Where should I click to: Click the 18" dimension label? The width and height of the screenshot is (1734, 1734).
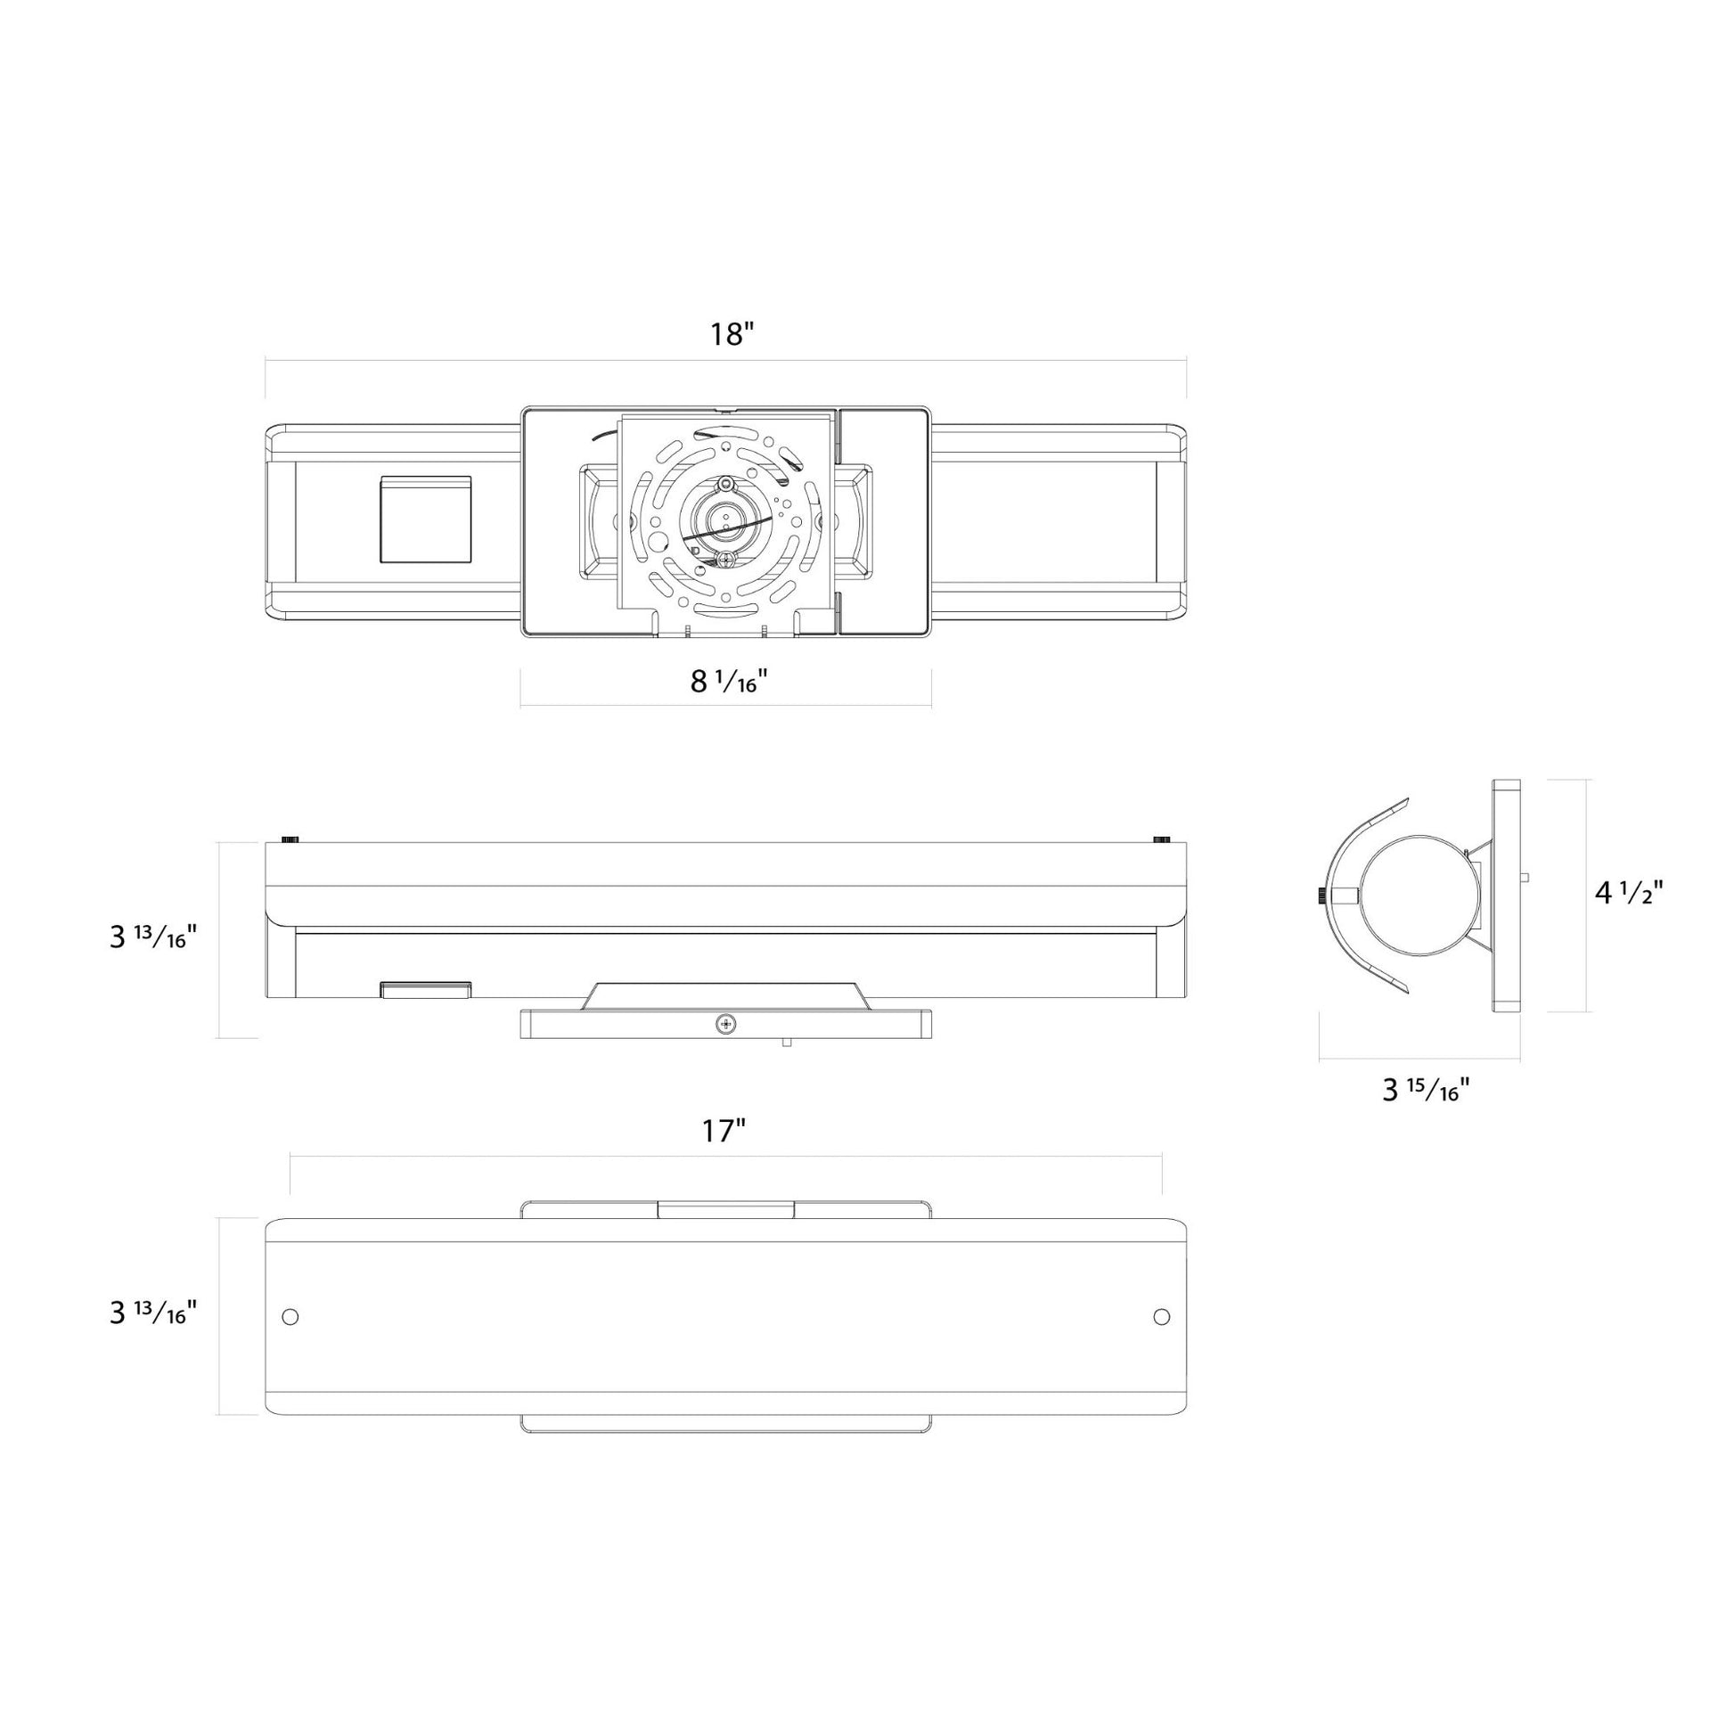pyautogui.click(x=732, y=334)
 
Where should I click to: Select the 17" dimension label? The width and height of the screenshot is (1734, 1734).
pyautogui.click(x=724, y=1131)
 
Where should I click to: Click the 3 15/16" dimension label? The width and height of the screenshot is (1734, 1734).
pyautogui.click(x=1426, y=1090)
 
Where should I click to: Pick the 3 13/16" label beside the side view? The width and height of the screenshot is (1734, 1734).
pyautogui.click(x=152, y=937)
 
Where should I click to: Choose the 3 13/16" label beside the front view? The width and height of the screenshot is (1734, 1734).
pyautogui.click(x=152, y=1313)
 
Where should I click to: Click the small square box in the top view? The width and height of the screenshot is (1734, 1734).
pyautogui.click(x=426, y=519)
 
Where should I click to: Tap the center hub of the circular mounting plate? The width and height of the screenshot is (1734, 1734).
pyautogui.click(x=722, y=519)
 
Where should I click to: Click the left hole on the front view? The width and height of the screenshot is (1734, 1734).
pyautogui.click(x=290, y=1317)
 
